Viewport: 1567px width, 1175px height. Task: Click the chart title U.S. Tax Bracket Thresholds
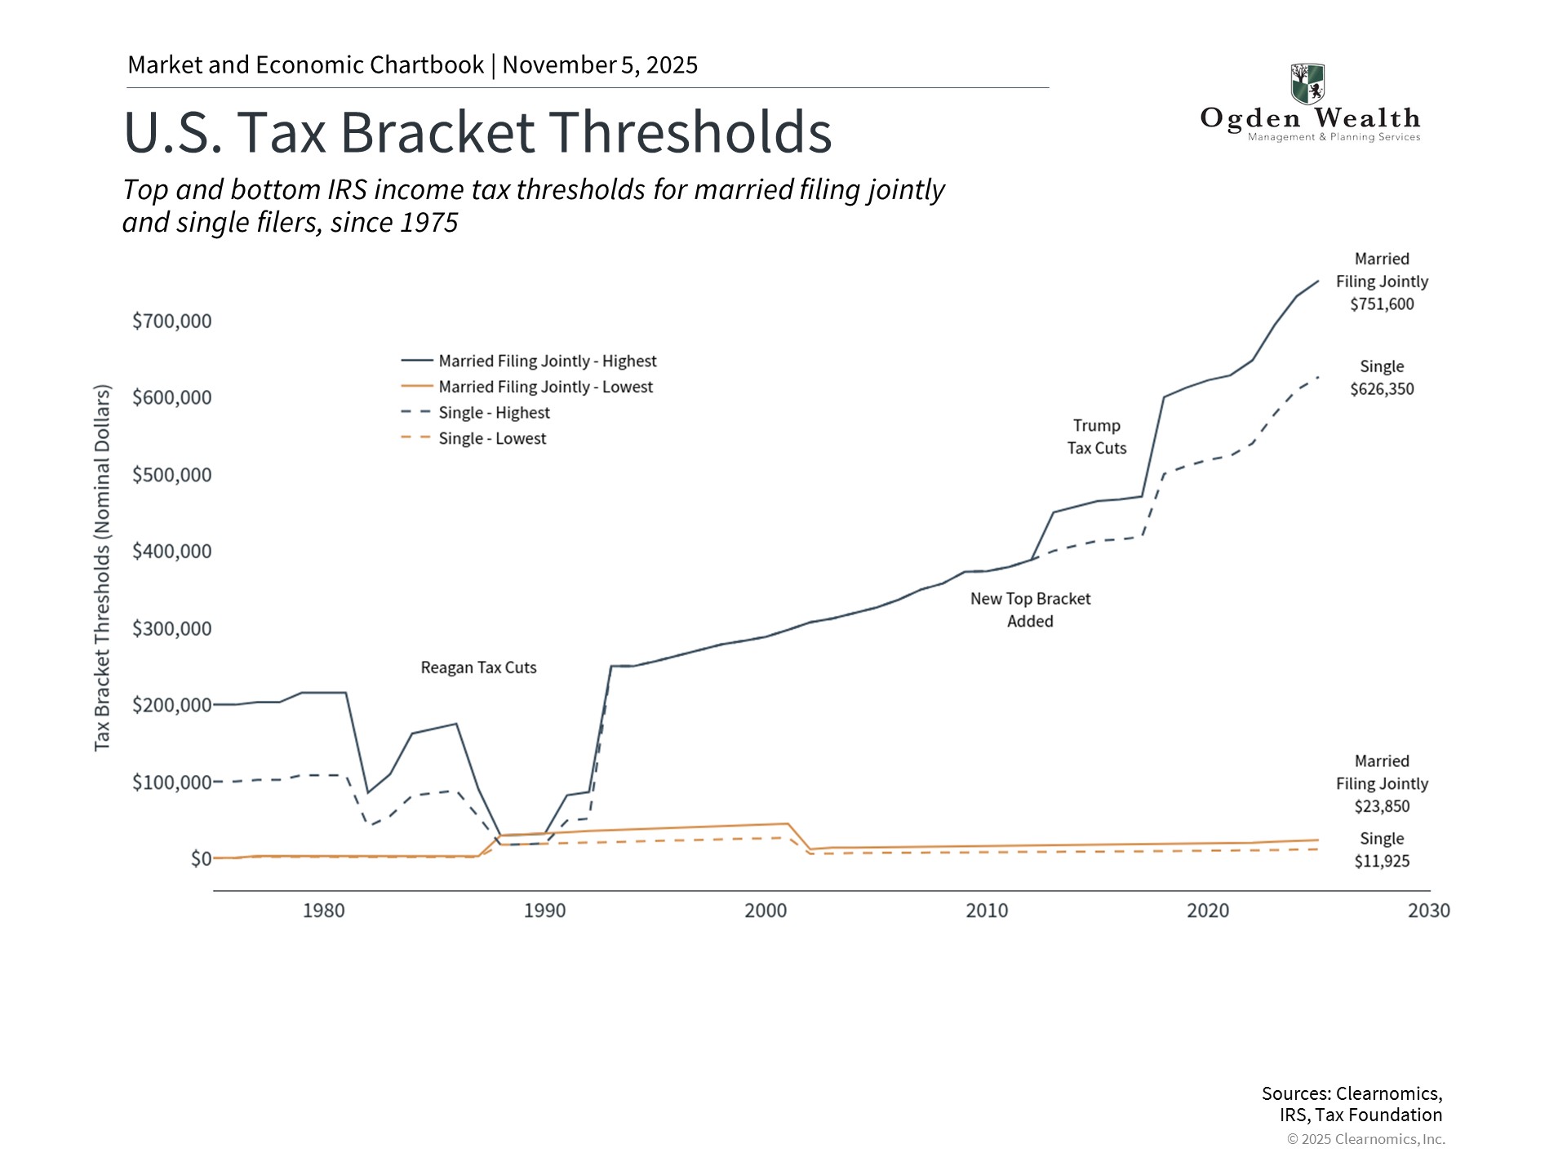477,132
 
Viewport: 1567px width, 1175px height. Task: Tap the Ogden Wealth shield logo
1307,83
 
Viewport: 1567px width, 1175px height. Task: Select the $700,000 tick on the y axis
172,321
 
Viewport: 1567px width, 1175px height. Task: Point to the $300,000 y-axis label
172,628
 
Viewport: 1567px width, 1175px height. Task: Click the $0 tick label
201,858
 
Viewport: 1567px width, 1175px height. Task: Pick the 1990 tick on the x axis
544,911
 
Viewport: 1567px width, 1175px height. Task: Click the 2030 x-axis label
1428,911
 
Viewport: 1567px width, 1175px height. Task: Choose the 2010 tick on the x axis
987,911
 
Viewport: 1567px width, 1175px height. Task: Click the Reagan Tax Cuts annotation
478,667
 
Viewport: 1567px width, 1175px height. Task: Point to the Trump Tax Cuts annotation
1096,437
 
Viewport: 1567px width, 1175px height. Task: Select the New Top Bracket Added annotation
1030,610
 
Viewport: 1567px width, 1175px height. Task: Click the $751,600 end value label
1382,304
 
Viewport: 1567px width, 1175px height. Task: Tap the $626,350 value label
1382,389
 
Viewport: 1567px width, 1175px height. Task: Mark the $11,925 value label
1382,861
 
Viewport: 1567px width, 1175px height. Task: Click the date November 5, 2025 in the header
600,65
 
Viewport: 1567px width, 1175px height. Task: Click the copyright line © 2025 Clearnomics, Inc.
1365,1139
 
